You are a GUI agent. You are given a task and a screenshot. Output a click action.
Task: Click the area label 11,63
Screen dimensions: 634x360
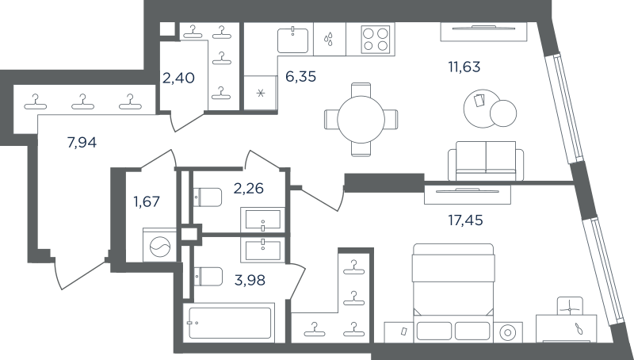click(464, 67)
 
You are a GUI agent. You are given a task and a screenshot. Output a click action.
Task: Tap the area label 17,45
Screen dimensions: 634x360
click(465, 220)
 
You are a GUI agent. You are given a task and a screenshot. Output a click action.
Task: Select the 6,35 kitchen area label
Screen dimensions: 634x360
click(301, 76)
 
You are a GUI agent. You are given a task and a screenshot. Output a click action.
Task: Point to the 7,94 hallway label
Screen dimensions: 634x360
click(82, 143)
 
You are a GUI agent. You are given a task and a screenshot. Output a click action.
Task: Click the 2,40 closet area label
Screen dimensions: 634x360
click(178, 77)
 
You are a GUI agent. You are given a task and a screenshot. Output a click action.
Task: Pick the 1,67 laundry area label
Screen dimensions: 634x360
click(147, 201)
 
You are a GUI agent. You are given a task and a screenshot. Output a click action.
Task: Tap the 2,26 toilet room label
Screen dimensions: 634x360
click(249, 188)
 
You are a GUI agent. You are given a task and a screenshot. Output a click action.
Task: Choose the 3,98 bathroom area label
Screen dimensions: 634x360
click(250, 279)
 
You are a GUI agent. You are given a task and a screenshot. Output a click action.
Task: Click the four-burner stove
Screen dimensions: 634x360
click(376, 38)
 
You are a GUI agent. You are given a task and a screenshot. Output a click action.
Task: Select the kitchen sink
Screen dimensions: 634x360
click(292, 40)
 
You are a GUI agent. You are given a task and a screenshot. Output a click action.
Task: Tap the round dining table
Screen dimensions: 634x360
click(361, 119)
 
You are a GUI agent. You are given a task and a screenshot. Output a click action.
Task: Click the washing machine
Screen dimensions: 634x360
click(160, 245)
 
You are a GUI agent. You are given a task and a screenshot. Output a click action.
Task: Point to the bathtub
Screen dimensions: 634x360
click(229, 323)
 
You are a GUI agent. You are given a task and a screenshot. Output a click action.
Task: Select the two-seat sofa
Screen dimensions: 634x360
click(486, 161)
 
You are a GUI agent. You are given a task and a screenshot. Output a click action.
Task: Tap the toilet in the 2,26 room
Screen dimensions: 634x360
click(208, 197)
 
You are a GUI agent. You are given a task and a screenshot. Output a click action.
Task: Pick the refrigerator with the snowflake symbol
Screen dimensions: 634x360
click(261, 93)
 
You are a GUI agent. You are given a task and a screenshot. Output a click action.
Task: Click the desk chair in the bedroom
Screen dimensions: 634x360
click(570, 307)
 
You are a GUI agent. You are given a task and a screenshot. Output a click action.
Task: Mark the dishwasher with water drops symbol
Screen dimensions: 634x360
click(330, 39)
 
